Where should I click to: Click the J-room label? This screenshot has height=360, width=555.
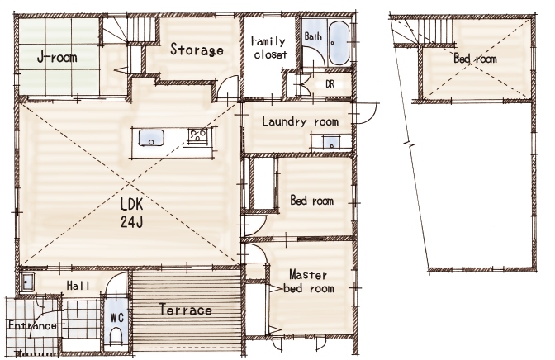57,57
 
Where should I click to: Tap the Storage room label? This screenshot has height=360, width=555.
197,50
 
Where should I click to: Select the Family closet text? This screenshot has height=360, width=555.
269,47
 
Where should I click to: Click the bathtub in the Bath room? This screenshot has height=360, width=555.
339,43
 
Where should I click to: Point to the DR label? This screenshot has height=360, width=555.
330,84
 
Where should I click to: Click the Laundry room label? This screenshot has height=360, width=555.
300,121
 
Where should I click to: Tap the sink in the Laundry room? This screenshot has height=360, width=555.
332,143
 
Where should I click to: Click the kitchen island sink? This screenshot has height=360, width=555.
151,138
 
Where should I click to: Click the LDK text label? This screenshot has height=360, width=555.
131,205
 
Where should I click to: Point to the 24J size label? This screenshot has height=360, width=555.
131,222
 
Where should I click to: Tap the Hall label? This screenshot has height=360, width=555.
78,286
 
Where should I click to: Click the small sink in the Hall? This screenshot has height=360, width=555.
26,282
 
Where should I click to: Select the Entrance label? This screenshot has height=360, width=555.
32,325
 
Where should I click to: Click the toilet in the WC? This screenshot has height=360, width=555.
116,336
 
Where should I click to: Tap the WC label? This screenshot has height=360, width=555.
116,318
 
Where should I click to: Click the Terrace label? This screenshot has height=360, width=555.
186,310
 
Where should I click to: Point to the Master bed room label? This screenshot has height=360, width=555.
309,282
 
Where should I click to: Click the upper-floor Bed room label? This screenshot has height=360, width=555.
475,59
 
